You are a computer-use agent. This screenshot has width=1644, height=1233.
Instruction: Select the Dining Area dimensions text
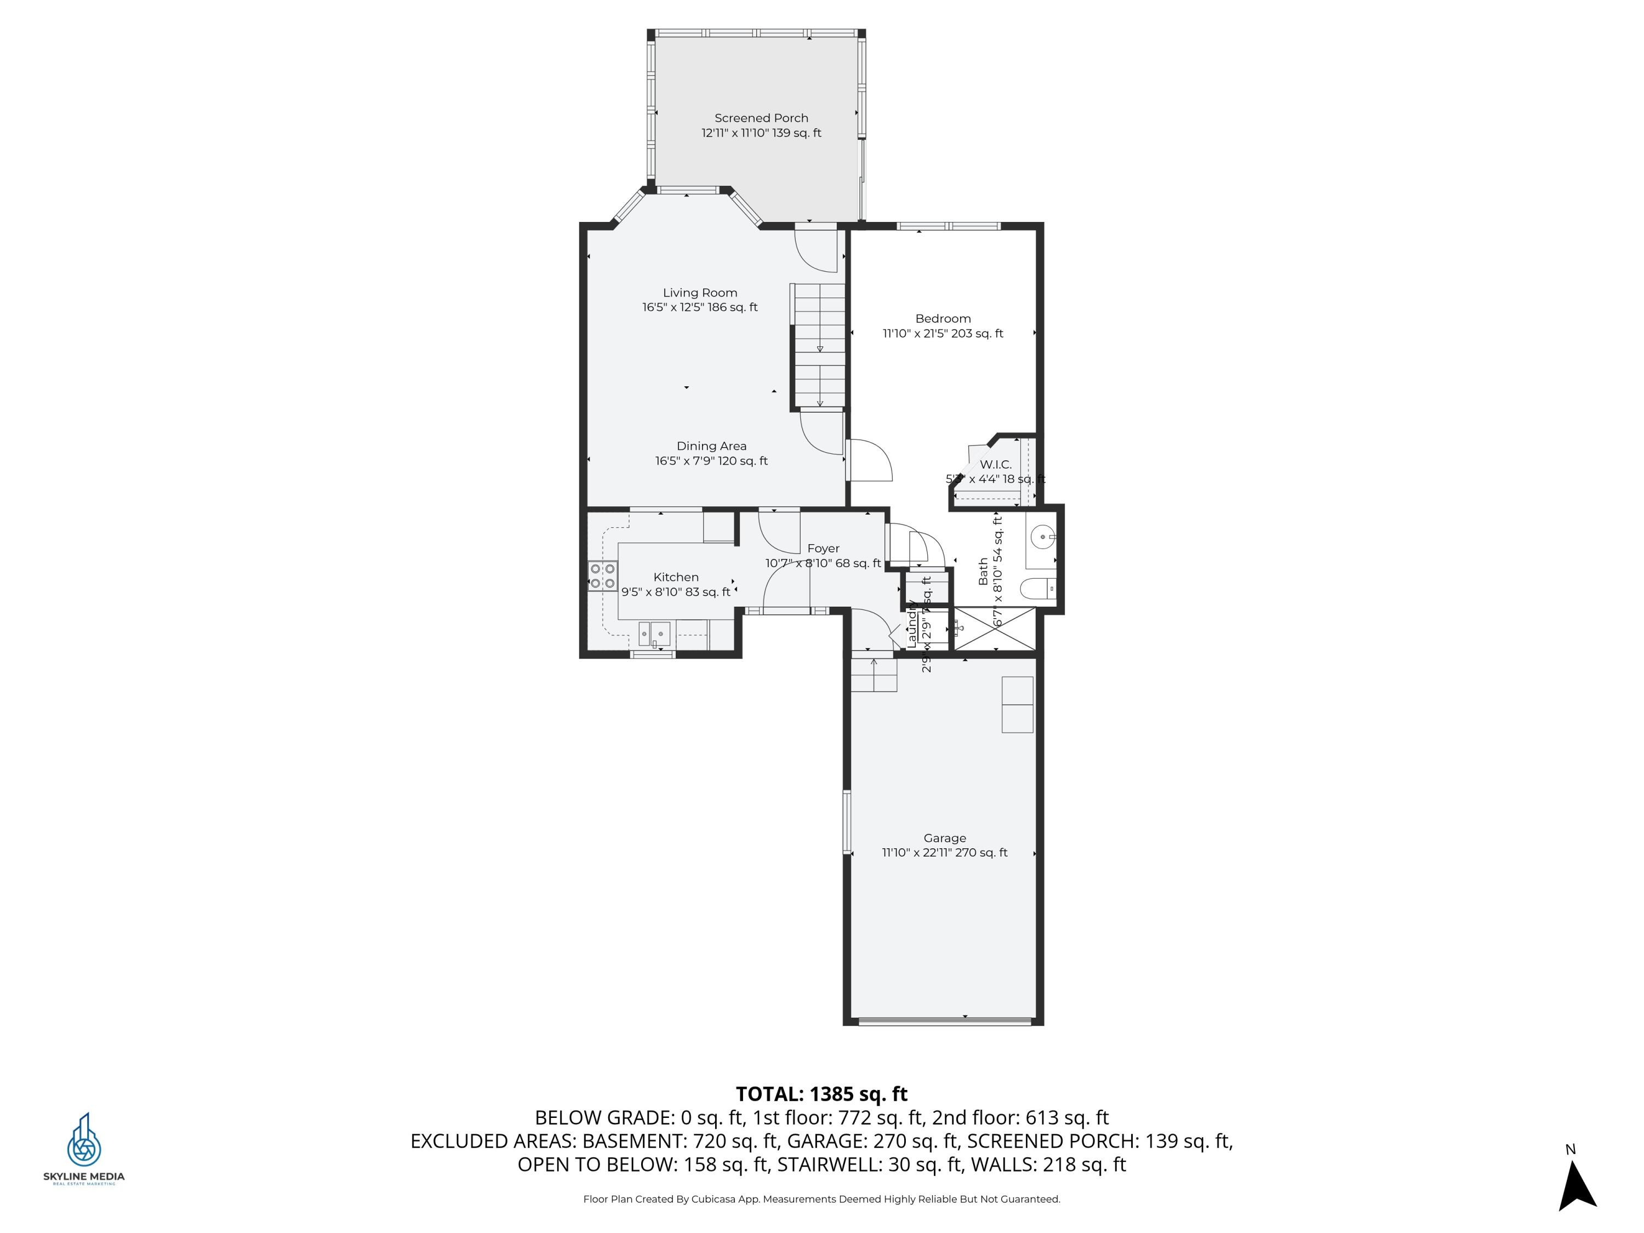click(x=711, y=461)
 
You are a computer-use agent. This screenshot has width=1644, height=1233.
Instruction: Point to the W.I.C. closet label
click(x=995, y=465)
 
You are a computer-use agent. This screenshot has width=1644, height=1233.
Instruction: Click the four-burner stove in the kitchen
click(x=603, y=576)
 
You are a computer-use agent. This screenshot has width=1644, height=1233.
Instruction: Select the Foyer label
click(x=823, y=549)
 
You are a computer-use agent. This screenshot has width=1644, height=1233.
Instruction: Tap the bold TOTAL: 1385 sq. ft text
click(x=821, y=1094)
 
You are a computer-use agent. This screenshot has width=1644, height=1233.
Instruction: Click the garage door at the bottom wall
click(x=944, y=1022)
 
